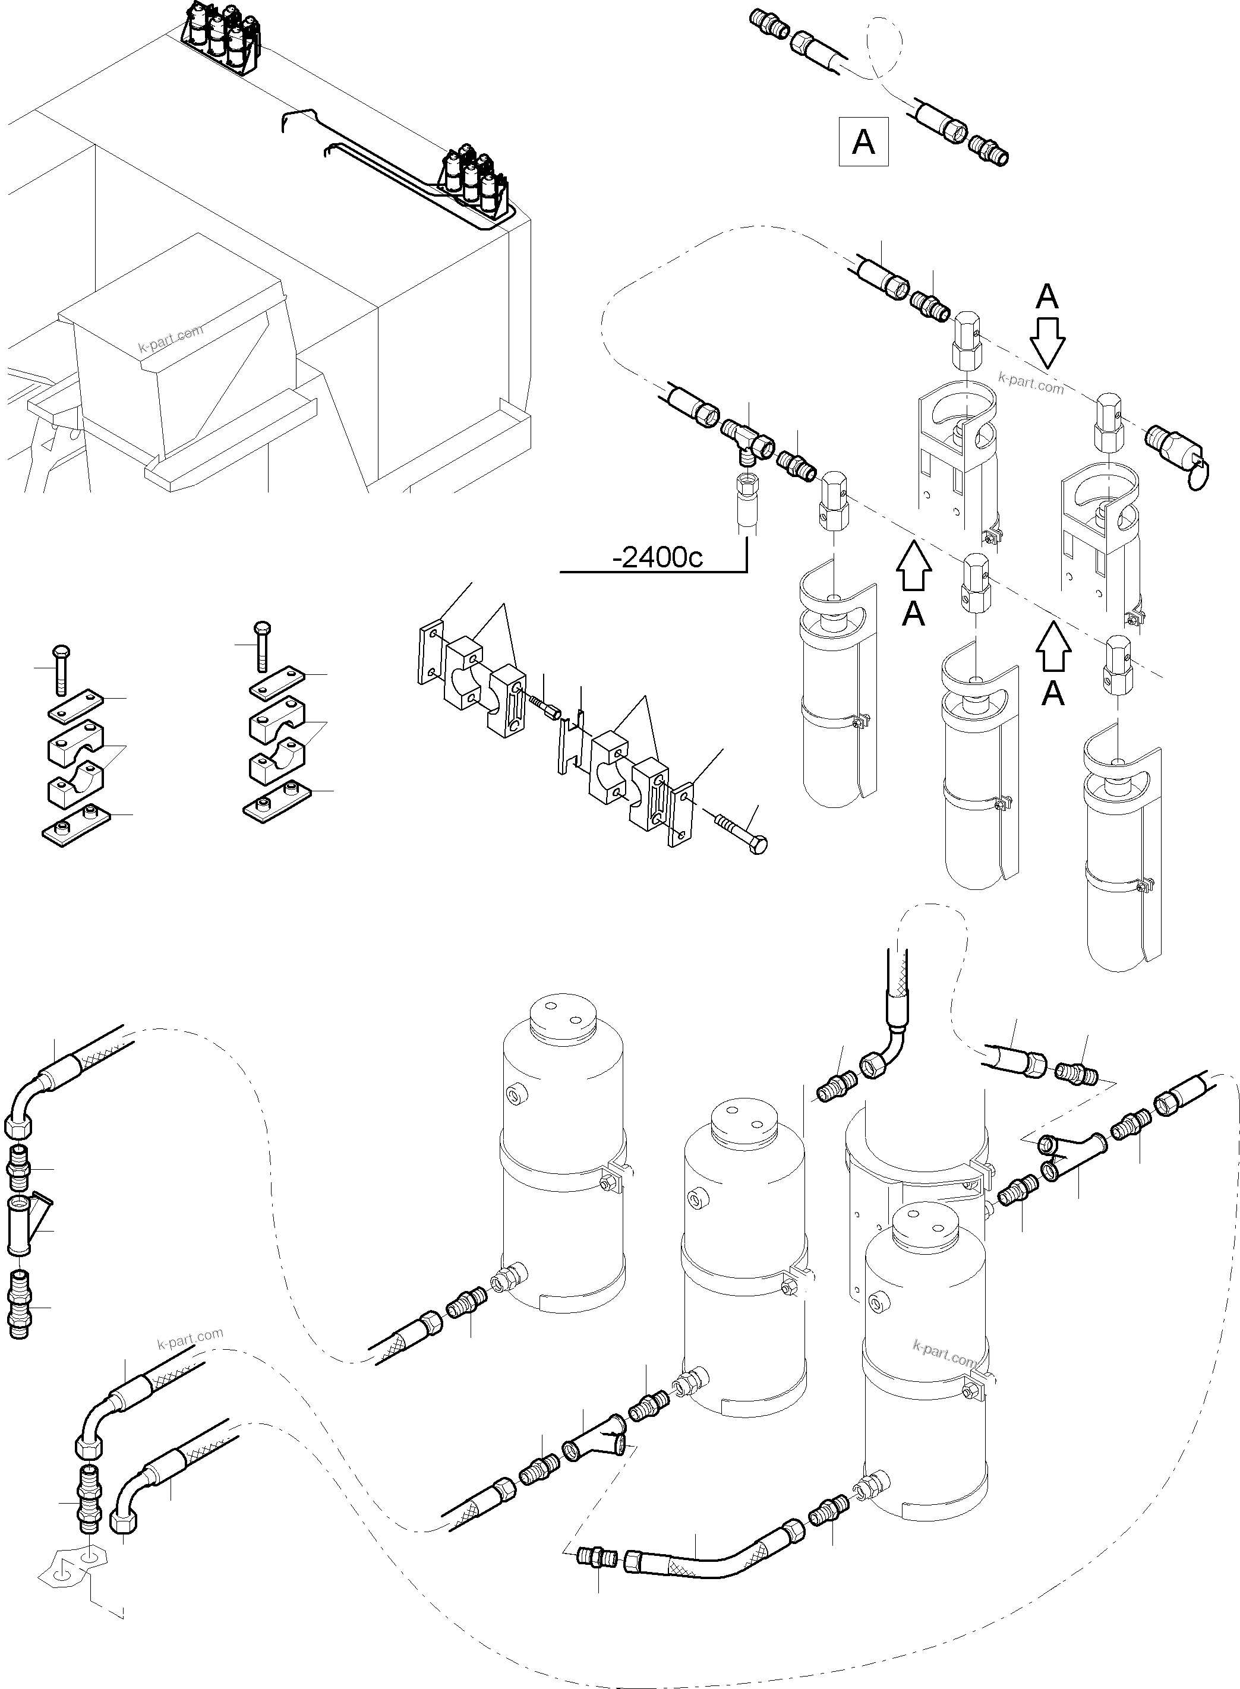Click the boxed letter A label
click(x=863, y=141)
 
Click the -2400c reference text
click(x=658, y=557)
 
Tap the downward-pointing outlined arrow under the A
click(x=1047, y=342)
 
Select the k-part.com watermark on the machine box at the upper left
click(x=171, y=340)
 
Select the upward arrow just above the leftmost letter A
click(x=913, y=569)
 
